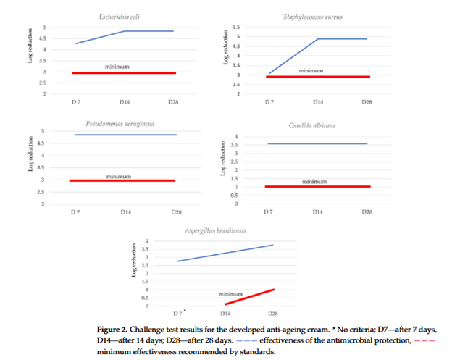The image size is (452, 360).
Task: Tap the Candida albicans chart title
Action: pos(318,126)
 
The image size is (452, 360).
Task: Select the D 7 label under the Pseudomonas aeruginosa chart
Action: pos(75,212)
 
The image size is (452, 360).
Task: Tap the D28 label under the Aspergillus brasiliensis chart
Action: pos(273,313)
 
